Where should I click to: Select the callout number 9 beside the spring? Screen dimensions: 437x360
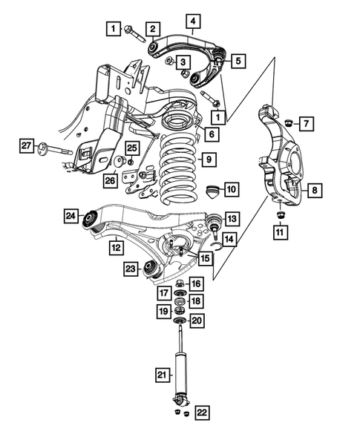[209, 159]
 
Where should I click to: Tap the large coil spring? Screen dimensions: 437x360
[178, 167]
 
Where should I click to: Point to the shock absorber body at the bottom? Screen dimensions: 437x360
[180, 375]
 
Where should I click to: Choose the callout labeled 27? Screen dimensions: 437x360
[27, 146]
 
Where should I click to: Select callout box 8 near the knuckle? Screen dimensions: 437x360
[315, 191]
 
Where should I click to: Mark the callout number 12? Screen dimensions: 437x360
[117, 246]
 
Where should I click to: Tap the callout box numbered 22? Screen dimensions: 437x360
[201, 413]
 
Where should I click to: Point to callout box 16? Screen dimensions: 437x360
[196, 283]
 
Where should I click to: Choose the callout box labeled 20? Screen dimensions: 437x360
[196, 321]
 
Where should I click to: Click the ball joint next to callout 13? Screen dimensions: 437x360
[212, 220]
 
